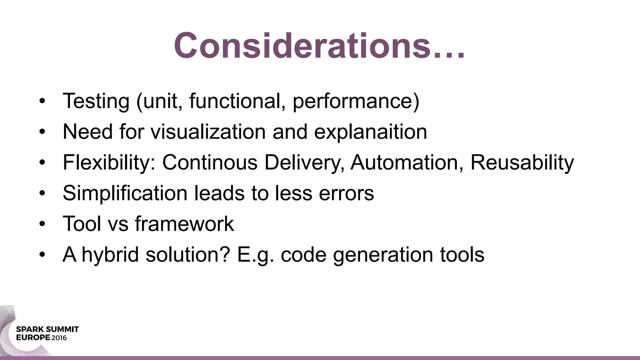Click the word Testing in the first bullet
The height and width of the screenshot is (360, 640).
(x=96, y=101)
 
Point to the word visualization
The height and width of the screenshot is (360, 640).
(x=208, y=132)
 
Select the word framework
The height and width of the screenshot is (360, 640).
(x=184, y=224)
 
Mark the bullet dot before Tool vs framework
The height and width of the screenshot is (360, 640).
(x=42, y=224)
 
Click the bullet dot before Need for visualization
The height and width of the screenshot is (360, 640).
(x=42, y=132)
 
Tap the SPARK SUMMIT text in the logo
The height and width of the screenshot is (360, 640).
(x=47, y=329)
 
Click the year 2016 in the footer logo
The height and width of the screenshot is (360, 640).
(x=59, y=338)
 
